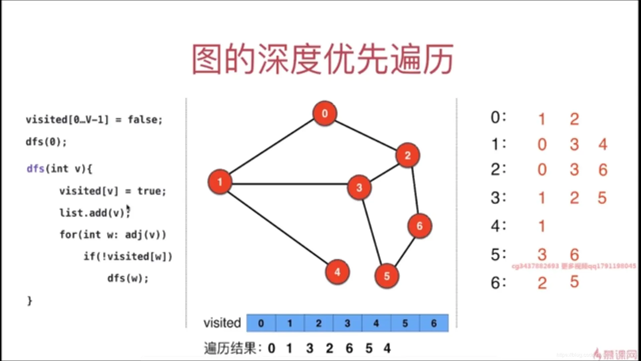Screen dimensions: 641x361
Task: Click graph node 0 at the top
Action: point(325,113)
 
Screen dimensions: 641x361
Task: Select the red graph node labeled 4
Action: point(337,272)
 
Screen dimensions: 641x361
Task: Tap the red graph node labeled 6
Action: point(420,226)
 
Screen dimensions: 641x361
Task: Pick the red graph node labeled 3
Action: point(359,187)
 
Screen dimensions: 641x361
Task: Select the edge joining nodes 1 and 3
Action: point(289,184)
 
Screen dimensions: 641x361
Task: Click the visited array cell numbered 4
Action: point(376,323)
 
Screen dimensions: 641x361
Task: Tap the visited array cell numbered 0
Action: point(261,323)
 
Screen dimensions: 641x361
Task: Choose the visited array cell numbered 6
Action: point(434,323)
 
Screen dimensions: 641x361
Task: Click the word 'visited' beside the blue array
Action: point(222,323)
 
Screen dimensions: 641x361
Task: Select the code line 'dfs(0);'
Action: point(46,142)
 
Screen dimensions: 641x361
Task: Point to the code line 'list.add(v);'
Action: point(94,213)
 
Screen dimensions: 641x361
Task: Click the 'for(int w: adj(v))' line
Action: point(113,235)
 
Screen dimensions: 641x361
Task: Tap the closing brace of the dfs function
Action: point(29,300)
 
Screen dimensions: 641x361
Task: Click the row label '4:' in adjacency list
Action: point(498,226)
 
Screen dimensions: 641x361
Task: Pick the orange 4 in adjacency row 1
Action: point(603,144)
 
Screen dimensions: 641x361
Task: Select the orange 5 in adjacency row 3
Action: point(602,198)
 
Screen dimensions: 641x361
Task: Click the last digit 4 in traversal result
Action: point(387,349)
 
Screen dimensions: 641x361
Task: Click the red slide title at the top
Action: point(323,59)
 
